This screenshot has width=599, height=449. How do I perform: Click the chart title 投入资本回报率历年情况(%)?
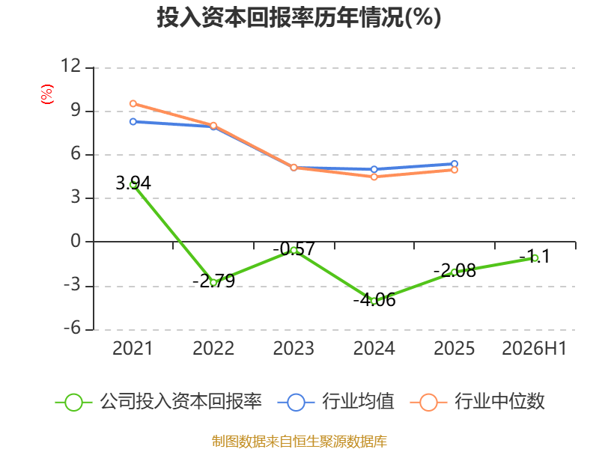tap(299, 17)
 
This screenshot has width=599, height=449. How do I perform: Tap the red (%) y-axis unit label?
tap(47, 94)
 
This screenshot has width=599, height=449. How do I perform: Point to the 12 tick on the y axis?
tap(70, 66)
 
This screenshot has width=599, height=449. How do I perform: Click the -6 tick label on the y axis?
tap(72, 328)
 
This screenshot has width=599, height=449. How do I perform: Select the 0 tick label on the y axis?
tap(76, 241)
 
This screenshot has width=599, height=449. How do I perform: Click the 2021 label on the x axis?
tap(133, 348)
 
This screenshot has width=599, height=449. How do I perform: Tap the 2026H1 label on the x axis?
tap(534, 348)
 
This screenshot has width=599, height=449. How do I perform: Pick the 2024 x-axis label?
tap(374, 348)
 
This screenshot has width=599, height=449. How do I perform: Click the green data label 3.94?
tap(133, 183)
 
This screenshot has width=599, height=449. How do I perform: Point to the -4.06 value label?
tap(374, 300)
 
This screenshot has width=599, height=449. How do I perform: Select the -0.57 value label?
tap(294, 249)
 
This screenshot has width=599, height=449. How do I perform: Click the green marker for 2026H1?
tap(535, 258)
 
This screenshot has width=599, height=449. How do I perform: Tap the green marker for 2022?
tap(213, 283)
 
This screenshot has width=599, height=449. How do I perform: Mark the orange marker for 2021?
tap(133, 103)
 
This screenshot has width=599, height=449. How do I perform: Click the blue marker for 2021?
tap(133, 121)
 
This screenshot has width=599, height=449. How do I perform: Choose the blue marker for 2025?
tap(454, 164)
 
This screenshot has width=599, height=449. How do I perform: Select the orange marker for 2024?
tap(374, 177)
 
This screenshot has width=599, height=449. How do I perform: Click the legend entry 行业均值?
tap(335, 402)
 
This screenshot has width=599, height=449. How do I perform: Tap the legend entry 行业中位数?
tap(477, 402)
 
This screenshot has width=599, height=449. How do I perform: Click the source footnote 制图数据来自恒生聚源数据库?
tap(299, 442)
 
